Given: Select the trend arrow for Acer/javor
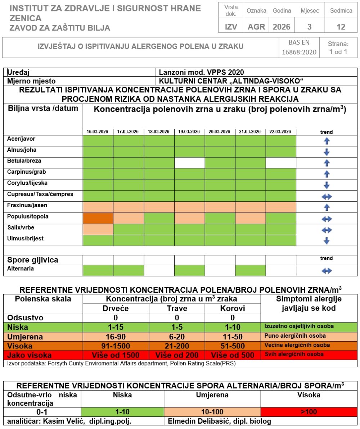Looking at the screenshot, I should (327, 141).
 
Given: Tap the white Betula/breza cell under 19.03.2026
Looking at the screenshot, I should (189, 163).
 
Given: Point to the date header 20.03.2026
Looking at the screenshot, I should (220, 132).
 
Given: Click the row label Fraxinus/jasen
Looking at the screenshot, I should (27, 206).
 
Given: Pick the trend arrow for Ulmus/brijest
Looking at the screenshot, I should (327, 241).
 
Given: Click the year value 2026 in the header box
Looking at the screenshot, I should (282, 27).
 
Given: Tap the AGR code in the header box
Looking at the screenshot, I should (256, 27).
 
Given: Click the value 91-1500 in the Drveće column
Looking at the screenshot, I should (116, 346).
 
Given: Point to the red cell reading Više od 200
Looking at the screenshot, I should (177, 355).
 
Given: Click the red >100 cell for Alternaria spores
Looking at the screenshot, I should (309, 412).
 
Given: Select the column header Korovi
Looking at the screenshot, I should (233, 309).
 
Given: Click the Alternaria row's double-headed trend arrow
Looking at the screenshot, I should (327, 271).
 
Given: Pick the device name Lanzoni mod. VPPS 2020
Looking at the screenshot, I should (201, 72).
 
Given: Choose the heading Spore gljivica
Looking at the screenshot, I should (33, 260).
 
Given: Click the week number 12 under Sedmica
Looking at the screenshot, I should (341, 27).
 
